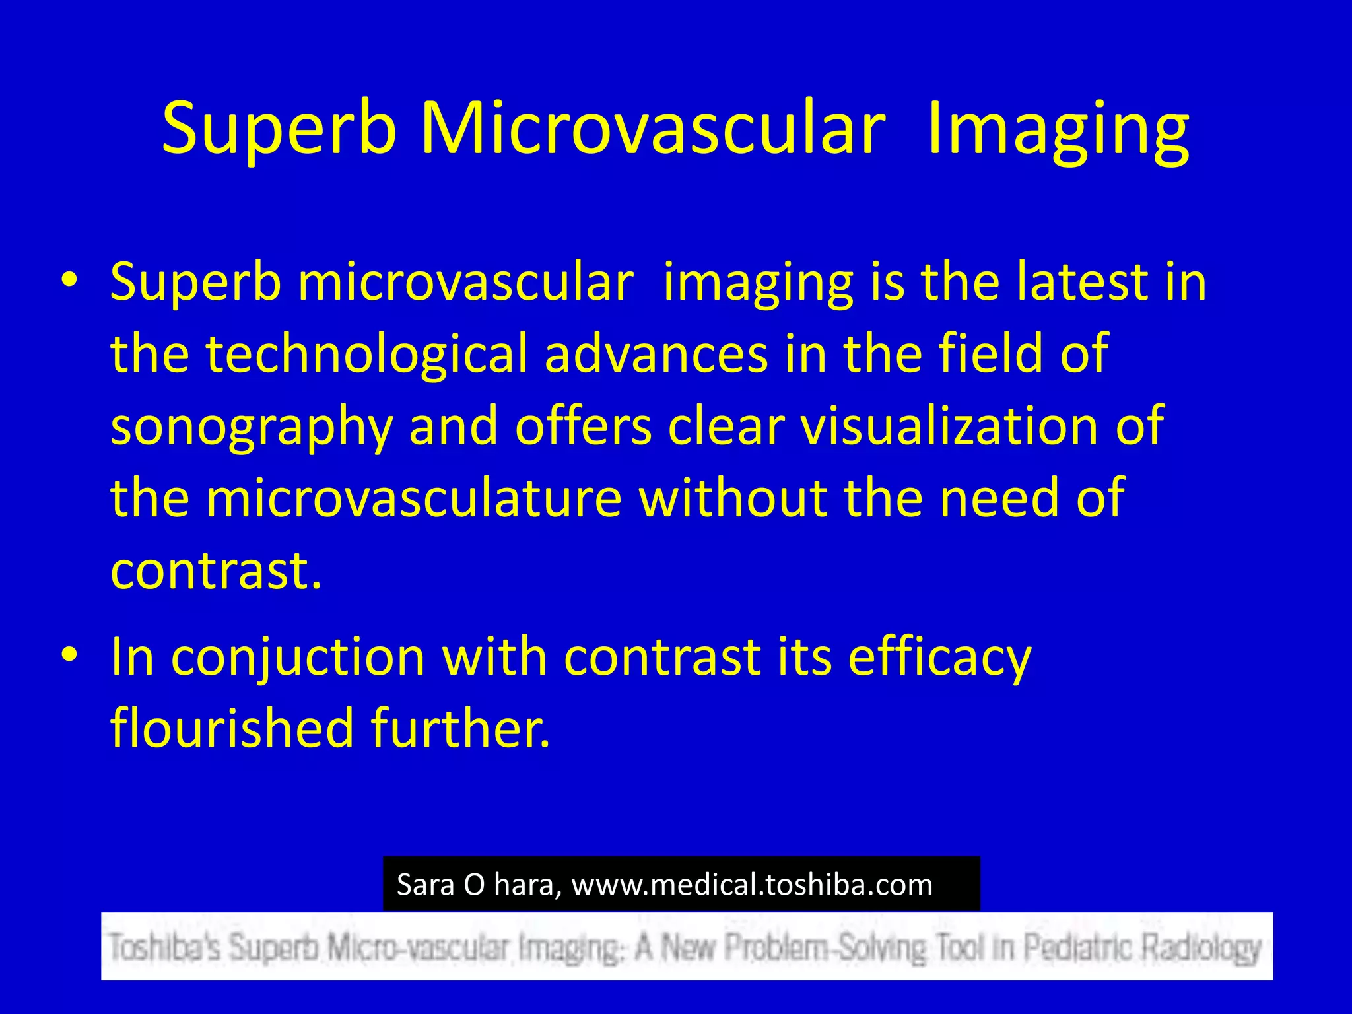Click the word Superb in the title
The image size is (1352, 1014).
pyautogui.click(x=279, y=129)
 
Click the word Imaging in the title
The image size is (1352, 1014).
pyautogui.click(x=1058, y=129)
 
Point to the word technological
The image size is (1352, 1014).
pyautogui.click(x=367, y=355)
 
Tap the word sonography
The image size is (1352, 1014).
pyautogui.click(x=252, y=428)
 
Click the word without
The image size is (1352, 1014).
pyautogui.click(x=733, y=498)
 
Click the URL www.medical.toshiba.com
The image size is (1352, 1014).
pyautogui.click(x=752, y=885)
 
